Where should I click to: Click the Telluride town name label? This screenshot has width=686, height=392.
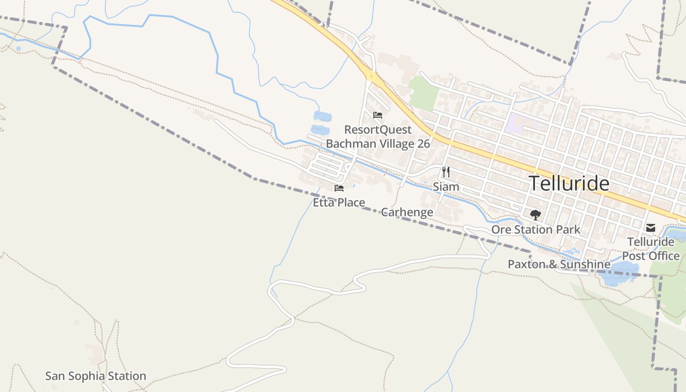click(x=569, y=183)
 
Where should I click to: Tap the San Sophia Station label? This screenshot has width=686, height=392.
click(x=96, y=376)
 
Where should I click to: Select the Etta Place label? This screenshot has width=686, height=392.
click(x=339, y=202)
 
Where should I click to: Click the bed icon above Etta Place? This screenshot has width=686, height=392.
click(x=339, y=188)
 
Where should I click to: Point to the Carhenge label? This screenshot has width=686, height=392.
click(x=407, y=212)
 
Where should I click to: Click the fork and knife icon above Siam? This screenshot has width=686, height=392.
click(x=446, y=172)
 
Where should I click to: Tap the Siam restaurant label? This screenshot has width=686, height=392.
click(x=446, y=187)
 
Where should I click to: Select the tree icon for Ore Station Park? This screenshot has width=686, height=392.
click(x=536, y=215)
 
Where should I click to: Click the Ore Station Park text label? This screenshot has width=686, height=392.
click(x=536, y=229)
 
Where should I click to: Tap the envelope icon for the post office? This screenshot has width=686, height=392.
click(x=651, y=228)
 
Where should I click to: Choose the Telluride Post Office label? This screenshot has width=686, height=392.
click(x=651, y=249)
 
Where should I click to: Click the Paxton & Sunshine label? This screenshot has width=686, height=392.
click(x=559, y=265)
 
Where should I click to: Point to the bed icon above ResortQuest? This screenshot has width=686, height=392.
click(x=378, y=116)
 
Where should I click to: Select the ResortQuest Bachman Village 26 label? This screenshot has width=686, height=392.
click(x=378, y=137)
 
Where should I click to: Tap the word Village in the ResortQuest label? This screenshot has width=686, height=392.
click(x=392, y=144)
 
